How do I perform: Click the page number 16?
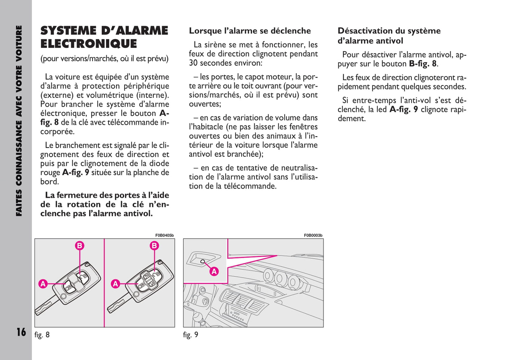click(x=21, y=332)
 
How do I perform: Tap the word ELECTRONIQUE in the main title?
click(x=88, y=44)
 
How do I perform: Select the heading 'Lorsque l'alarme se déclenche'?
click(x=250, y=31)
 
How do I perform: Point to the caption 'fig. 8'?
click(x=42, y=335)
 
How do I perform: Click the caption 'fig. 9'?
click(x=191, y=335)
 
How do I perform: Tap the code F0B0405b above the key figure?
click(x=164, y=235)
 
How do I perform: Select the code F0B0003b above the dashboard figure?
click(x=313, y=235)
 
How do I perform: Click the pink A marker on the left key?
click(x=43, y=284)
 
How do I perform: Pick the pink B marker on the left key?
click(x=80, y=246)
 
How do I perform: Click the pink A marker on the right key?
click(x=115, y=284)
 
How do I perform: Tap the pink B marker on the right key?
click(x=154, y=246)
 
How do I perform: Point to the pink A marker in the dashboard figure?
click(x=214, y=271)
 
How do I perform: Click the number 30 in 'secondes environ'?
click(x=193, y=63)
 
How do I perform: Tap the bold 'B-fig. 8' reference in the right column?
click(x=423, y=64)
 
